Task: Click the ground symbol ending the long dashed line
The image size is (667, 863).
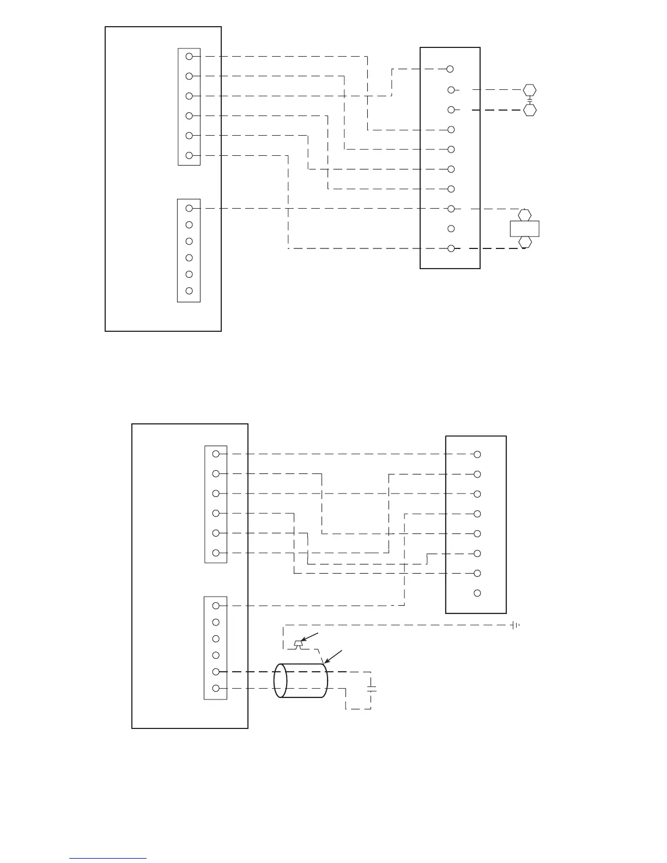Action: coord(515,625)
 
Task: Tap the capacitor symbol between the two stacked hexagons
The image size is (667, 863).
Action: coord(530,100)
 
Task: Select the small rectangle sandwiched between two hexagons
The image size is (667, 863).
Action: coord(524,228)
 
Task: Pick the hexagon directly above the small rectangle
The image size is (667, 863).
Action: coord(525,215)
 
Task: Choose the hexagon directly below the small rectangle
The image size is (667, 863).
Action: coord(525,242)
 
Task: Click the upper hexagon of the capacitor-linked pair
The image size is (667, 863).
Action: coord(530,90)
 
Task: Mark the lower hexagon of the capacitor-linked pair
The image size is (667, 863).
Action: coord(530,110)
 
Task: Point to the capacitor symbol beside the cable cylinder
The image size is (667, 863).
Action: coord(372,689)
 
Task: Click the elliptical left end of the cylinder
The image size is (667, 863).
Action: coord(280,680)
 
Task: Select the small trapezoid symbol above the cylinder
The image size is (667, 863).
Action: coord(297,645)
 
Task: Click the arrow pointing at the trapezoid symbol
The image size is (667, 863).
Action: coord(312,637)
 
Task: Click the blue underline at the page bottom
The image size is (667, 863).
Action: coord(108,858)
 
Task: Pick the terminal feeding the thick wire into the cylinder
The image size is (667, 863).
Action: coord(215,672)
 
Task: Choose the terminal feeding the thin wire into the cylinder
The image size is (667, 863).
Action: coord(215,689)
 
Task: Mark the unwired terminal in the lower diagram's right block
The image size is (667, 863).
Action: coord(477,593)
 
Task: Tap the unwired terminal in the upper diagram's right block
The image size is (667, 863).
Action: coord(451,229)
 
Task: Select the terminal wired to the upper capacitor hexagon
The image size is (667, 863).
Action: coord(451,90)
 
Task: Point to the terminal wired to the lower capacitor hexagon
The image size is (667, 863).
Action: coord(451,110)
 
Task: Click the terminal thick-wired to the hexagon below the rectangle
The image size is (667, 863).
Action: coord(451,248)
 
